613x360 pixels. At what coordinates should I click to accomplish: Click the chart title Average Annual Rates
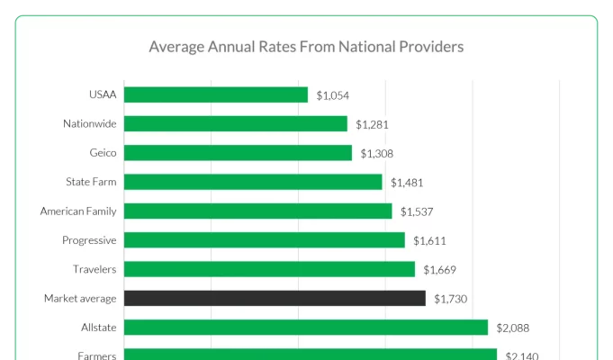tap(306, 45)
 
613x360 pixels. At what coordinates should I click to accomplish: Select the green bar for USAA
tap(216, 94)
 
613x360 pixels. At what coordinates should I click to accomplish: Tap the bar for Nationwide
tap(236, 123)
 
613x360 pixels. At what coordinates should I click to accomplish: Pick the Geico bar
tap(238, 153)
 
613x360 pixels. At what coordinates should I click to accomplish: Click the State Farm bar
tap(253, 182)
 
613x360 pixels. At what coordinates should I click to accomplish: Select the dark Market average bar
tap(275, 298)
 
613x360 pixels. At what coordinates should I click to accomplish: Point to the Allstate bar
tap(306, 328)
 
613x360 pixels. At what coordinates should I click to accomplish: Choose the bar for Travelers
tap(269, 269)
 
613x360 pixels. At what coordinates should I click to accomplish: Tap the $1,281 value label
tap(372, 124)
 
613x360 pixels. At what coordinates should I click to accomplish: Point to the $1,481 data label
tap(407, 183)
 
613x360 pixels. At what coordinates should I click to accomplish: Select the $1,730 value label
tap(450, 299)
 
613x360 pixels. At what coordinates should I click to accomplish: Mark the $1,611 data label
tap(429, 241)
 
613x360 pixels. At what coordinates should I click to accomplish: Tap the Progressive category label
tap(89, 240)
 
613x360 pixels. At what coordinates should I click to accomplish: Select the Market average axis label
tap(80, 298)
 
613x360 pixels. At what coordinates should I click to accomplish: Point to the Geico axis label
tap(103, 153)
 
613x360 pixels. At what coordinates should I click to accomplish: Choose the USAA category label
tap(103, 94)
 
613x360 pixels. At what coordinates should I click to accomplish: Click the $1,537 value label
tap(417, 211)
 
